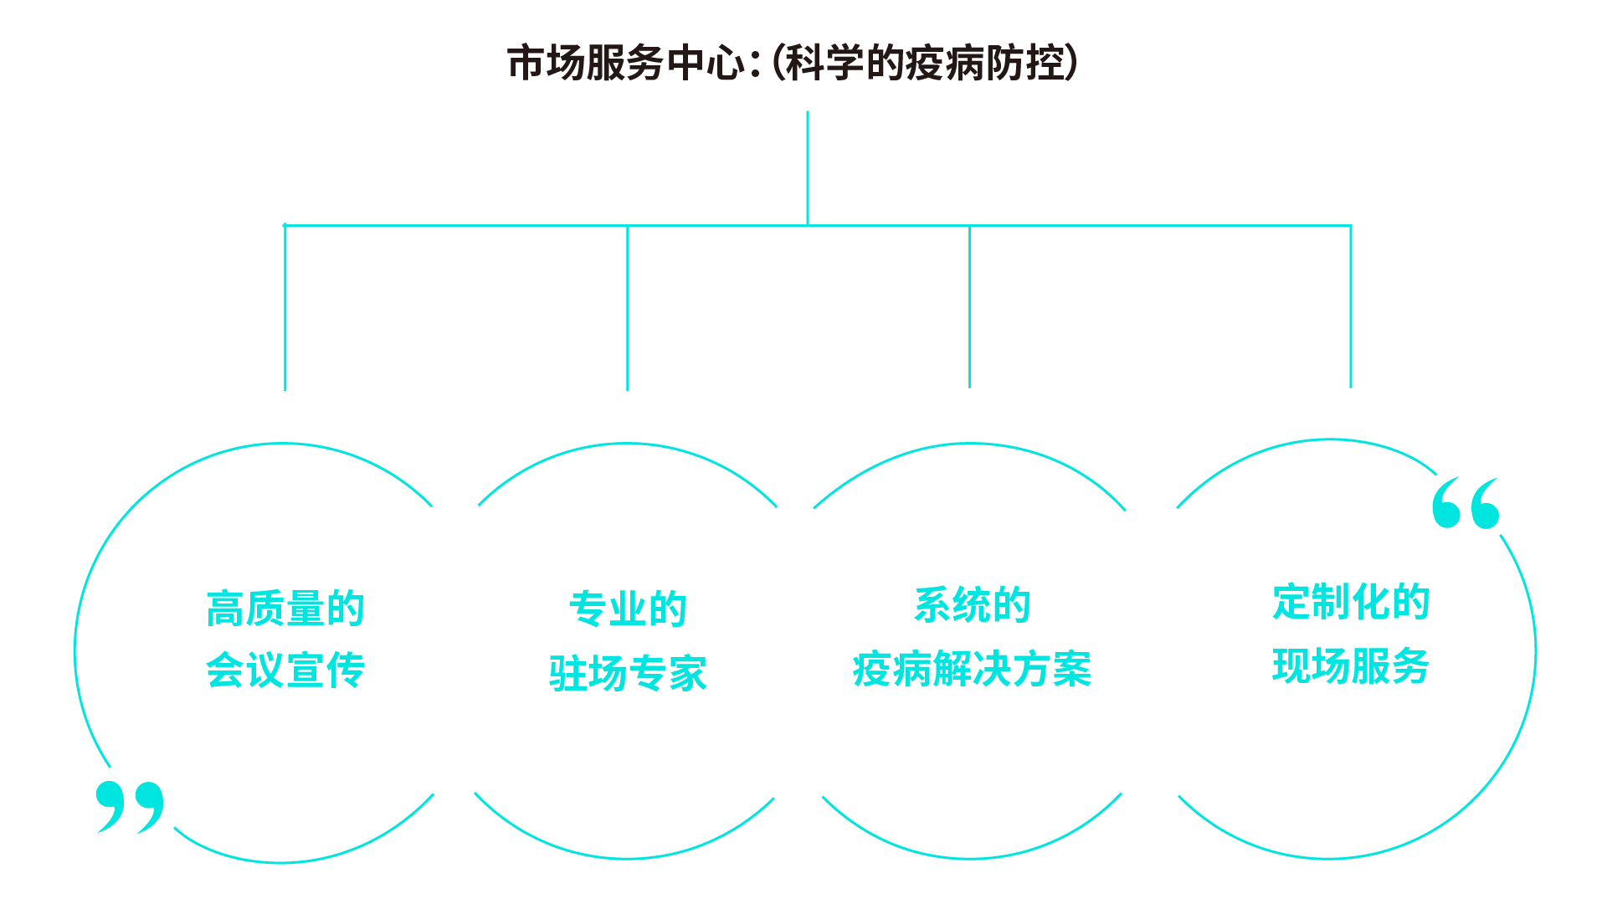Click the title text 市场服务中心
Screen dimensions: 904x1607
coord(626,64)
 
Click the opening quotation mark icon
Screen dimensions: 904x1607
coord(1466,503)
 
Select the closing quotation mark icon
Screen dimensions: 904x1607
coord(130,806)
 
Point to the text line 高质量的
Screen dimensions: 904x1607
coord(285,609)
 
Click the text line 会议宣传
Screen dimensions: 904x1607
coord(285,670)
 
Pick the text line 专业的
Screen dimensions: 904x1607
coord(628,609)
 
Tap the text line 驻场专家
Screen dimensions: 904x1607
coord(628,673)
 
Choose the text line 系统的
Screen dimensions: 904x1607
coord(972,605)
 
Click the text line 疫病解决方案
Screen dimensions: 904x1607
coord(972,670)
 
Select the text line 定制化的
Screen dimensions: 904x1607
coord(1351,602)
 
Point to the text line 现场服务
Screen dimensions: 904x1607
coord(1351,666)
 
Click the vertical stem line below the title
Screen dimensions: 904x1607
coord(808,167)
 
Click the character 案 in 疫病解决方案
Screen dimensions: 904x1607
coord(1073,670)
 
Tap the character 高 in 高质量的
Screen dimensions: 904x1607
coord(226,609)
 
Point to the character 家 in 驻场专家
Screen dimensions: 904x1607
coord(688,673)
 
